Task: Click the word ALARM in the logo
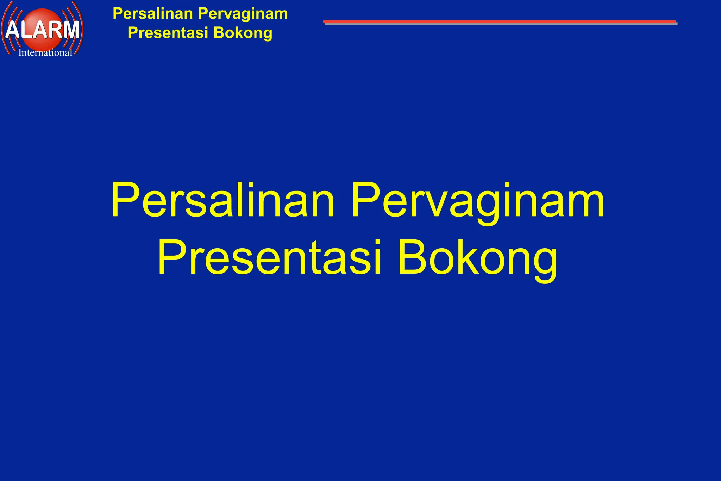pyautogui.click(x=42, y=30)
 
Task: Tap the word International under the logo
pyautogui.click(x=45, y=53)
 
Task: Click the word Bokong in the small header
pyautogui.click(x=243, y=33)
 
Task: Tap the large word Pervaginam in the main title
pyautogui.click(x=478, y=201)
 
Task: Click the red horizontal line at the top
pyautogui.click(x=500, y=22)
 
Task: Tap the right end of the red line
pyautogui.click(x=675, y=22)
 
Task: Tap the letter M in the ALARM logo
pyautogui.click(x=70, y=30)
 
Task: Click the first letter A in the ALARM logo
pyautogui.click(x=13, y=30)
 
